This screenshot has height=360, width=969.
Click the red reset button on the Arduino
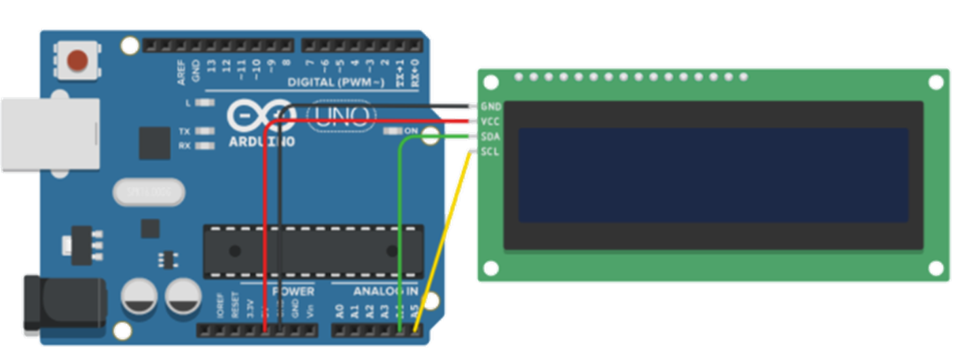click(x=79, y=60)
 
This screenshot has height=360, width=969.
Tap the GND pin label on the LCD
click(x=490, y=107)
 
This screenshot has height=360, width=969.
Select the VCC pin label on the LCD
click(x=490, y=122)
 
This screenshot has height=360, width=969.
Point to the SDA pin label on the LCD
click(x=490, y=137)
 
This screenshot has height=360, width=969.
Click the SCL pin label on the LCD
click(x=490, y=151)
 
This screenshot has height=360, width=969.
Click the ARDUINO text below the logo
click(x=262, y=142)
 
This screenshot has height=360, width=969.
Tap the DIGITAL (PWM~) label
click(x=337, y=83)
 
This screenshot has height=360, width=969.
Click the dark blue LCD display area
click(x=713, y=175)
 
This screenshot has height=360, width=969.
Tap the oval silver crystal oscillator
click(x=149, y=192)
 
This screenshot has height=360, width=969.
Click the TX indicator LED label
click(x=184, y=131)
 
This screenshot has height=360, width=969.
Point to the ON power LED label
click(x=412, y=130)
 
